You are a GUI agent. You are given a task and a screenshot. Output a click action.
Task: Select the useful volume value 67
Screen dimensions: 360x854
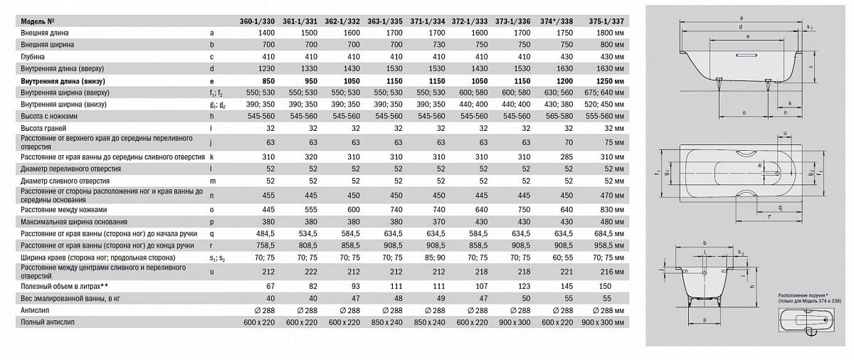(270, 285)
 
